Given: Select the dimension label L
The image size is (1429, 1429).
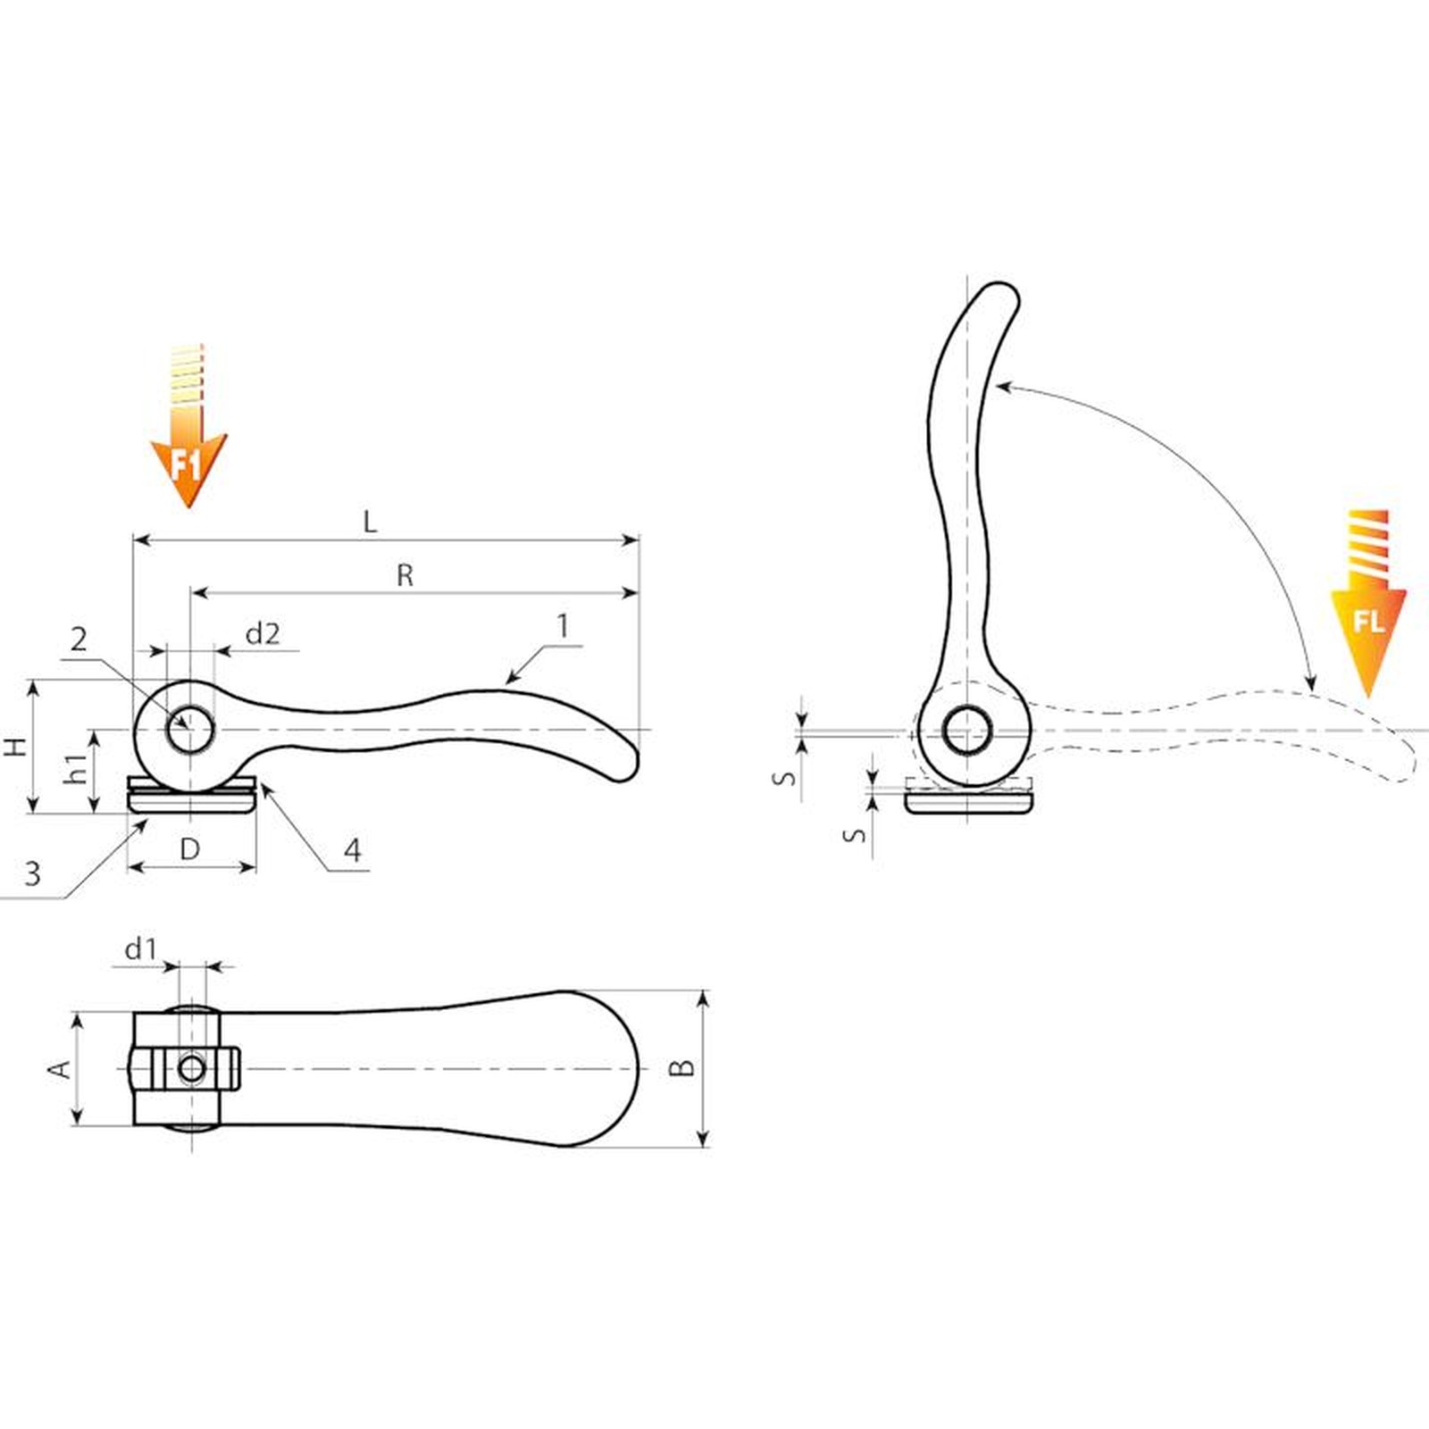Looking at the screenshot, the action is click(x=370, y=522).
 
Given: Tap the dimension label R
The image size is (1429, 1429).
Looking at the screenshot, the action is click(x=405, y=575).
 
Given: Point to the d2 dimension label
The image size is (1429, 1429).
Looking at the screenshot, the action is click(x=263, y=633).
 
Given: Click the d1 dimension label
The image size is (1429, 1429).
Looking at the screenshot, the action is click(x=140, y=948).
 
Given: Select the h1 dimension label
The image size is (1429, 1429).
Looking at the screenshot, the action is click(x=77, y=768).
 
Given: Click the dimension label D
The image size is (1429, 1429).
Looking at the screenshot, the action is click(x=189, y=848).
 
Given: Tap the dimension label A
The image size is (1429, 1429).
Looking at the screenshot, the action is click(x=59, y=1068).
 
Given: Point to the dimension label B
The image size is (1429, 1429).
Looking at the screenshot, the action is click(x=682, y=1067).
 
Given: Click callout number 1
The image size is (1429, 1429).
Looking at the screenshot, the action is click(x=563, y=626).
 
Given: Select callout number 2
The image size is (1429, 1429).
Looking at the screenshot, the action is click(x=79, y=639).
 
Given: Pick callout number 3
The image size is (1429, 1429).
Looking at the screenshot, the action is click(x=33, y=873).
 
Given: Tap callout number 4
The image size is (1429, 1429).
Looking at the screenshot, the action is click(x=353, y=849).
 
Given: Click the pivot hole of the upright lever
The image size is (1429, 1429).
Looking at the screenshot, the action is click(x=966, y=731).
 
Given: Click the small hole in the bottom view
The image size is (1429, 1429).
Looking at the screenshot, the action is click(x=191, y=1068).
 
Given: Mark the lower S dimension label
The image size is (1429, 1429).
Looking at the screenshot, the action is click(x=856, y=835).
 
